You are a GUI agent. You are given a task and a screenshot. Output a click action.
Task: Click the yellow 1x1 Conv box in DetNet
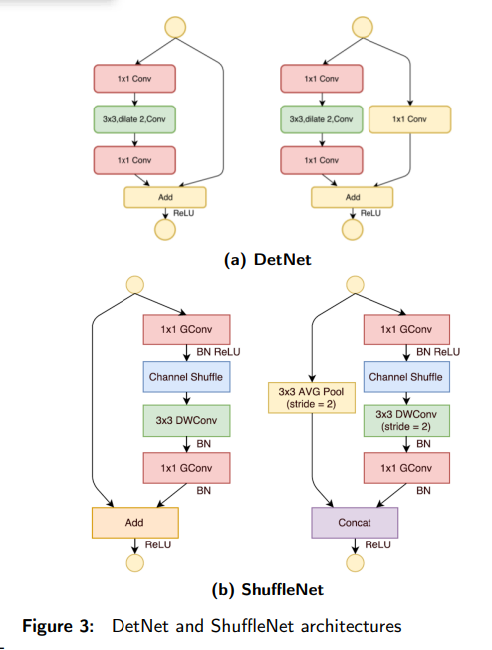[x=410, y=119]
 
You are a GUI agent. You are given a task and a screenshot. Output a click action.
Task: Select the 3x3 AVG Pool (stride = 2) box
[x=312, y=398]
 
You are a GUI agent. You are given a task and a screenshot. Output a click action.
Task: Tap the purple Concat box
[x=355, y=523]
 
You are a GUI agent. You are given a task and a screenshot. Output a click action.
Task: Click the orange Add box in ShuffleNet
[x=135, y=523]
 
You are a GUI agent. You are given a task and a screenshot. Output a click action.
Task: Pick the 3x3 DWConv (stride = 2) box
[x=406, y=421]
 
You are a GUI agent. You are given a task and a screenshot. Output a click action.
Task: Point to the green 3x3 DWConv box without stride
[x=186, y=421]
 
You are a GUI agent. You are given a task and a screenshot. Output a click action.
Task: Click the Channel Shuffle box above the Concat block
[x=406, y=377]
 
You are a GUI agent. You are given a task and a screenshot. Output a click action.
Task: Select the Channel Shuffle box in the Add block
[x=186, y=377]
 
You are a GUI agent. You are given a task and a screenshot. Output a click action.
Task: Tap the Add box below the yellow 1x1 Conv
[x=353, y=197]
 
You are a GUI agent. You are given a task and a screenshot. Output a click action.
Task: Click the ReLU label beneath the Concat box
[x=377, y=544]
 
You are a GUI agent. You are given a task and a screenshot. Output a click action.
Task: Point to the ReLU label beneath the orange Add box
[x=158, y=544]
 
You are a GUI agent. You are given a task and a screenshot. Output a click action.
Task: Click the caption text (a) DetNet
[x=268, y=260]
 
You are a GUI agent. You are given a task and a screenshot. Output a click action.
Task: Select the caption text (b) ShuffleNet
[x=268, y=589]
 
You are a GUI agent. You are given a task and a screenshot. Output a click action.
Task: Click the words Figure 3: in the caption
[x=58, y=626]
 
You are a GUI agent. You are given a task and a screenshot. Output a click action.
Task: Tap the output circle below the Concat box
[x=355, y=563]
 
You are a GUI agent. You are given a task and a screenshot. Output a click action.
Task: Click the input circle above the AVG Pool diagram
[x=355, y=285]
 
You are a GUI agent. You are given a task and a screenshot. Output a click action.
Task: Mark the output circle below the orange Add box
[x=135, y=563]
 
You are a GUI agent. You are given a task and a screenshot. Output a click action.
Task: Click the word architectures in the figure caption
[x=352, y=626]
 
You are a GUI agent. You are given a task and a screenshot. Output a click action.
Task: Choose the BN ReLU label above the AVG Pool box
[x=438, y=352]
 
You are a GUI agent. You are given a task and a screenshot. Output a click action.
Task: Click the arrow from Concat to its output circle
[x=355, y=546]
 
